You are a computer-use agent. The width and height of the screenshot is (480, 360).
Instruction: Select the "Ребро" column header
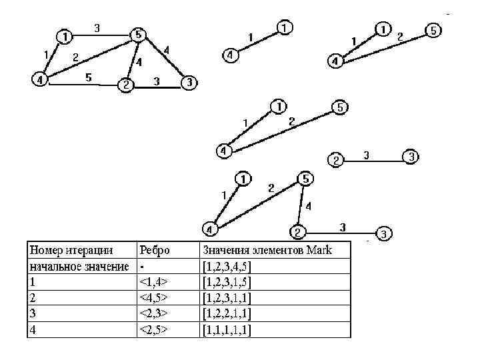(x=154, y=250)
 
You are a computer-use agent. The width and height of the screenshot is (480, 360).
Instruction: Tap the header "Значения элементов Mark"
(x=267, y=250)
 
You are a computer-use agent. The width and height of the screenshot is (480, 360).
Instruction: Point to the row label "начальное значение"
(x=79, y=266)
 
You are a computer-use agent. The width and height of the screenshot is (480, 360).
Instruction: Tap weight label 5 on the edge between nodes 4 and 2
(x=88, y=77)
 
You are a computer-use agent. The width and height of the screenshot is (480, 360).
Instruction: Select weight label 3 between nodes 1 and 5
(x=97, y=28)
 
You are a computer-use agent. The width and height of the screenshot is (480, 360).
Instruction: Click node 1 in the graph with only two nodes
(x=285, y=28)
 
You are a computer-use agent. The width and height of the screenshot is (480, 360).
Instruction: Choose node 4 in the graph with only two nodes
(x=229, y=55)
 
